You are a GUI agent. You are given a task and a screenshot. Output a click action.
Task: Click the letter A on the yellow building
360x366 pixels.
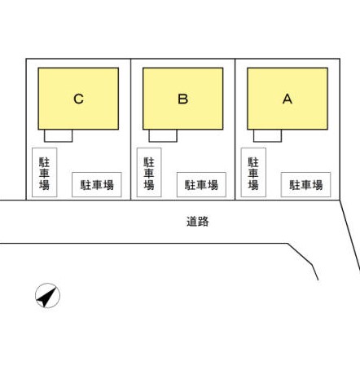coord(288,99)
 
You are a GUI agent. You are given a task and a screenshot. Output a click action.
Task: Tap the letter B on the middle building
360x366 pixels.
coord(183,99)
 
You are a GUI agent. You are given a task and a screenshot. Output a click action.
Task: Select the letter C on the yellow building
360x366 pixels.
coord(78,99)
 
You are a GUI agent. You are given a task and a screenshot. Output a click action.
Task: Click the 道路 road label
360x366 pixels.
coord(198,222)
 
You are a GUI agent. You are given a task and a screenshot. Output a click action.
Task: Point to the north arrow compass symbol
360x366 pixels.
coord(47,296)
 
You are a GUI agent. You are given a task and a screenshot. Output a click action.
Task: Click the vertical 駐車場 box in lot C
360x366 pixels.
coord(45,172)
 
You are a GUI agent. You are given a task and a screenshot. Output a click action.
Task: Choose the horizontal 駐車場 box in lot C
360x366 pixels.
coord(97,184)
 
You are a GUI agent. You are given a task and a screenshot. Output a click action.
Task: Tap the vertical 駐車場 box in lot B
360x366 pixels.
coord(149,172)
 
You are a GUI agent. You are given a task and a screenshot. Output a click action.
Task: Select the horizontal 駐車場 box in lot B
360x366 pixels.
coord(201,184)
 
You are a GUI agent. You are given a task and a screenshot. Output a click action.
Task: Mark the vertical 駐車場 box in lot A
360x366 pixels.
coord(253,172)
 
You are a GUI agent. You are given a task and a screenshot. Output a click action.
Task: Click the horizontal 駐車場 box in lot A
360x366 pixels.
coord(306,184)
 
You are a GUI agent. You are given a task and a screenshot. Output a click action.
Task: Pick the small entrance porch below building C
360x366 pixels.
coord(59,135)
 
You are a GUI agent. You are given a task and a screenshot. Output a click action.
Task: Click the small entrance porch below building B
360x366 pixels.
coord(163,135)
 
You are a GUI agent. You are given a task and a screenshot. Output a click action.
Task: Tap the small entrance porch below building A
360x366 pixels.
coord(268,135)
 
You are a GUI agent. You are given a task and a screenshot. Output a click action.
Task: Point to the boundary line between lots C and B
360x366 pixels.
coord(131,130)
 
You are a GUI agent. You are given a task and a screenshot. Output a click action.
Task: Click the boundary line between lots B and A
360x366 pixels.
coord(235,130)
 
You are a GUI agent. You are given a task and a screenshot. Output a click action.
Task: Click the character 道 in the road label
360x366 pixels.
coord(192,222)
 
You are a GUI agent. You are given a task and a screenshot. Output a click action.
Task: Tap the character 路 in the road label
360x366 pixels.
coord(204,222)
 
